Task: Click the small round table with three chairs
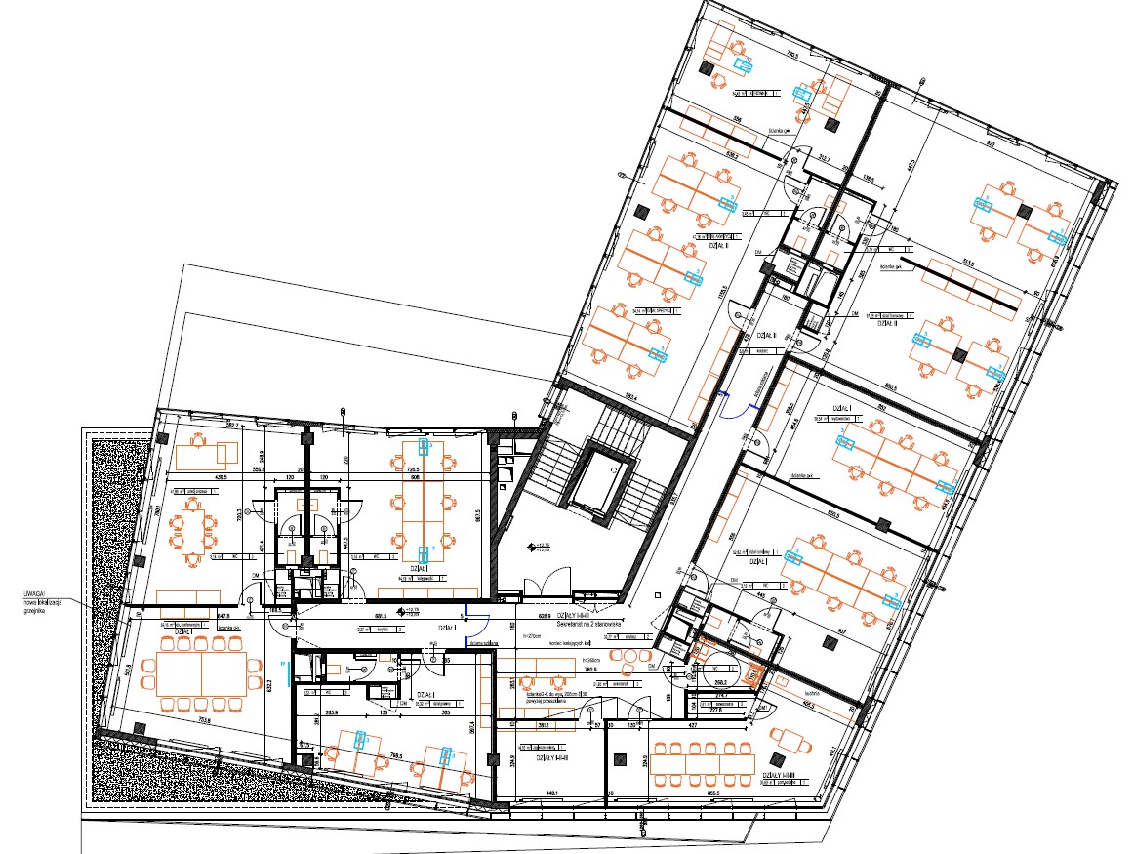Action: click(x=793, y=745)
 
